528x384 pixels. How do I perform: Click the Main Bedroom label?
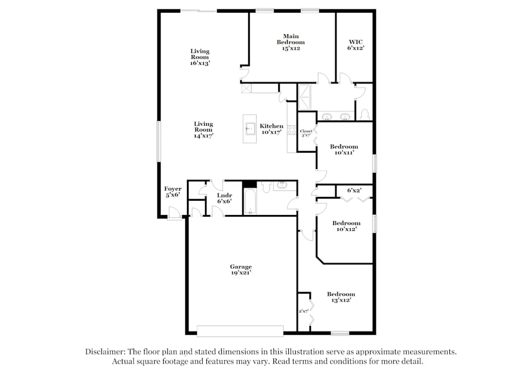(290, 42)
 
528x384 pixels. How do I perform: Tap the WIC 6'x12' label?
(355, 45)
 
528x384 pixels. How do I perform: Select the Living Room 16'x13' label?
(200, 57)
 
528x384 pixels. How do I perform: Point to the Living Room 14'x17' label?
(203, 130)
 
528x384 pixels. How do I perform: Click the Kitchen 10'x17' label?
(271, 129)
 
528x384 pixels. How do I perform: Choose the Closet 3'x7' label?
(306, 133)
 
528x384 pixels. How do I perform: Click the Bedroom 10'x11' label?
(344, 149)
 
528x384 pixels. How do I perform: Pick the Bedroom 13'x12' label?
(341, 297)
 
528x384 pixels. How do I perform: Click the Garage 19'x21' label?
(240, 270)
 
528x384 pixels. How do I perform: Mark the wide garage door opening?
(240, 331)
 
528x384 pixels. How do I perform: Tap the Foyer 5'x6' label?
(173, 192)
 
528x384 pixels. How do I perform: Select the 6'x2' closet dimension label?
(354, 190)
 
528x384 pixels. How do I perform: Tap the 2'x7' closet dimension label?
(304, 312)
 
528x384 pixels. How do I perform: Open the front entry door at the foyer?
(173, 214)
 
